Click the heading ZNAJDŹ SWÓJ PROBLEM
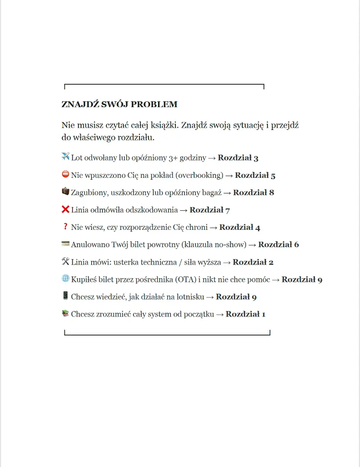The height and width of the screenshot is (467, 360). (x=119, y=104)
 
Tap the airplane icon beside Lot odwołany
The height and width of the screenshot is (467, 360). (x=65, y=157)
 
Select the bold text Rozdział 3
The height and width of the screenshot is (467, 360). (x=238, y=158)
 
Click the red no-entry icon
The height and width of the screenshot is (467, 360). (x=65, y=174)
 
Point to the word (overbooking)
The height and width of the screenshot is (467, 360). (x=200, y=175)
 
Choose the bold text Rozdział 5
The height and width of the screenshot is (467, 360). (x=255, y=175)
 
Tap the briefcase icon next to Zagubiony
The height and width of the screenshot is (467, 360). (x=65, y=192)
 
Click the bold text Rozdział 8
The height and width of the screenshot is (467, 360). (x=253, y=192)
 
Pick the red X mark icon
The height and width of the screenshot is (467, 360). (x=65, y=209)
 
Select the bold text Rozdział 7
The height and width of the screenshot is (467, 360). (x=210, y=210)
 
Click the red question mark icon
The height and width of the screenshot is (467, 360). (x=65, y=227)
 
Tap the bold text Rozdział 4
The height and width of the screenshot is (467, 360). (x=240, y=227)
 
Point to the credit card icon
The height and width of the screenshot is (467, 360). (x=65, y=244)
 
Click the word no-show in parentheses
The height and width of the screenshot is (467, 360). (x=231, y=244)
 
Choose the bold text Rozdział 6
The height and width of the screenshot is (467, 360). (x=278, y=244)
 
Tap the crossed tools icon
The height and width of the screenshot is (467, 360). (x=65, y=261)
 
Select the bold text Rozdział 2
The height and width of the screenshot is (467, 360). (x=253, y=262)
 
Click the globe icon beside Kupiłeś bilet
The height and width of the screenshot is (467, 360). (x=65, y=278)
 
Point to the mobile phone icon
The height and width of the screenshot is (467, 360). (x=65, y=296)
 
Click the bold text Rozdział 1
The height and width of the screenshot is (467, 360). (x=245, y=314)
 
